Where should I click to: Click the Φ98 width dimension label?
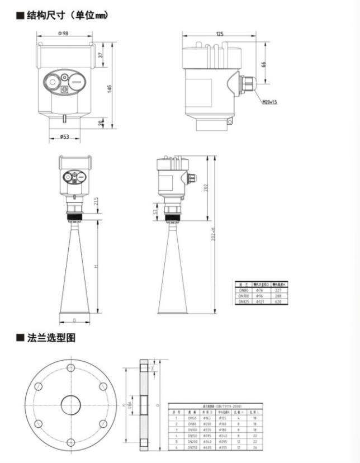(63, 34)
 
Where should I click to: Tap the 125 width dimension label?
(219, 34)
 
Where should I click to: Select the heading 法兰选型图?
(51, 338)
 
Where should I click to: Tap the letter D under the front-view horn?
(75, 320)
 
